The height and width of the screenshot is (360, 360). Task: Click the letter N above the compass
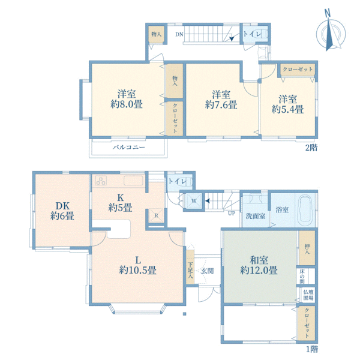point(328,13)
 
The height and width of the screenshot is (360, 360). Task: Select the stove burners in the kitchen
point(101,180)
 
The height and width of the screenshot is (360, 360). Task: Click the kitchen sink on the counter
point(133,180)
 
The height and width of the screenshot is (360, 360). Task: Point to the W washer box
point(194,201)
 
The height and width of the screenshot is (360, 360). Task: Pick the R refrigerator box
point(156,215)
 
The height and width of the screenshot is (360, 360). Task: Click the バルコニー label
point(129,147)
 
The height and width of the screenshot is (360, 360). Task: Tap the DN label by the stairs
point(179,34)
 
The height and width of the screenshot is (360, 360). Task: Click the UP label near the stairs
point(232,213)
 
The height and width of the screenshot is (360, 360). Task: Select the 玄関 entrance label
point(208,271)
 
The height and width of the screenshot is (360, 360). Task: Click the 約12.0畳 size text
point(259,270)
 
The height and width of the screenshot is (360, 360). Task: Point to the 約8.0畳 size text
point(127,104)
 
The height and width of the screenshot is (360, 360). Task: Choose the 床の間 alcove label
point(302,276)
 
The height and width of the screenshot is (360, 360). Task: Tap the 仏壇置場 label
point(308,295)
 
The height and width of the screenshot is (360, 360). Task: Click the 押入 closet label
point(307,249)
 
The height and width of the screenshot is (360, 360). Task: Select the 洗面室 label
point(256,216)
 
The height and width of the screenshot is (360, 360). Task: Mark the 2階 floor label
point(311,148)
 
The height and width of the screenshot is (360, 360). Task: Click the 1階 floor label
point(312,349)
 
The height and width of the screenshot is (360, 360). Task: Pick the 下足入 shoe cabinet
point(190,267)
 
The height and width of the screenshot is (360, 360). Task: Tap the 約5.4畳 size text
point(287,109)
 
